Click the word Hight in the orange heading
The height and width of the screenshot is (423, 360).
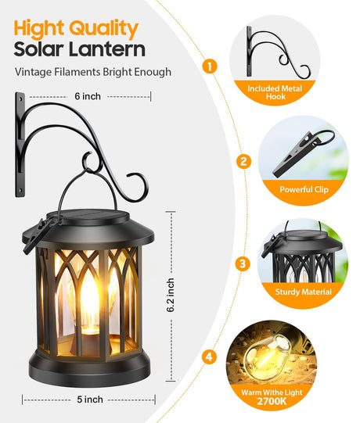click(x=39, y=29)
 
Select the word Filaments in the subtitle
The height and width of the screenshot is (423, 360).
click(x=77, y=72)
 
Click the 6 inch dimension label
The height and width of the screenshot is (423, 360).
click(x=88, y=96)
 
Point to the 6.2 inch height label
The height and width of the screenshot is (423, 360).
click(x=171, y=296)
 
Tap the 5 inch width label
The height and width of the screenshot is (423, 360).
click(x=90, y=400)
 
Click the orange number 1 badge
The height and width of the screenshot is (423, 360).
click(x=210, y=66)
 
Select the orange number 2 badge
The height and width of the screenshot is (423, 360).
click(x=243, y=161)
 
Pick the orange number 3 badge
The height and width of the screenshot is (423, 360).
click(x=243, y=263)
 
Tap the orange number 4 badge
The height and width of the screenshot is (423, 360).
click(x=209, y=357)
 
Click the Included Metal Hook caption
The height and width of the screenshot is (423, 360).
click(x=275, y=92)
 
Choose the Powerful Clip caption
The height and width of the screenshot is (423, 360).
click(x=304, y=189)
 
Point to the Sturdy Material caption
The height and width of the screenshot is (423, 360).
click(x=304, y=292)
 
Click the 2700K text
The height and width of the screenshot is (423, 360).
click(x=272, y=401)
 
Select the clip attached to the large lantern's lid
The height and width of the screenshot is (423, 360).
click(x=35, y=236)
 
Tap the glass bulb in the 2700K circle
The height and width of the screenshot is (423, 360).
click(x=266, y=356)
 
